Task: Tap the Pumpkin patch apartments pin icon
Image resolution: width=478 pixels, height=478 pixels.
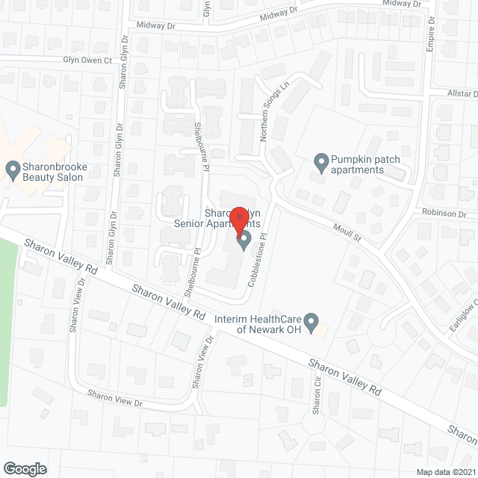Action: tap(321, 161)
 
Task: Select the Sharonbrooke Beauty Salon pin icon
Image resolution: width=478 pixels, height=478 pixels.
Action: tap(13, 170)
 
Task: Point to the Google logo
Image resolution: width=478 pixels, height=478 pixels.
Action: tap(24, 468)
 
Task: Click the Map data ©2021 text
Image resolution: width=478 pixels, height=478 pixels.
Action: tap(445, 471)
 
